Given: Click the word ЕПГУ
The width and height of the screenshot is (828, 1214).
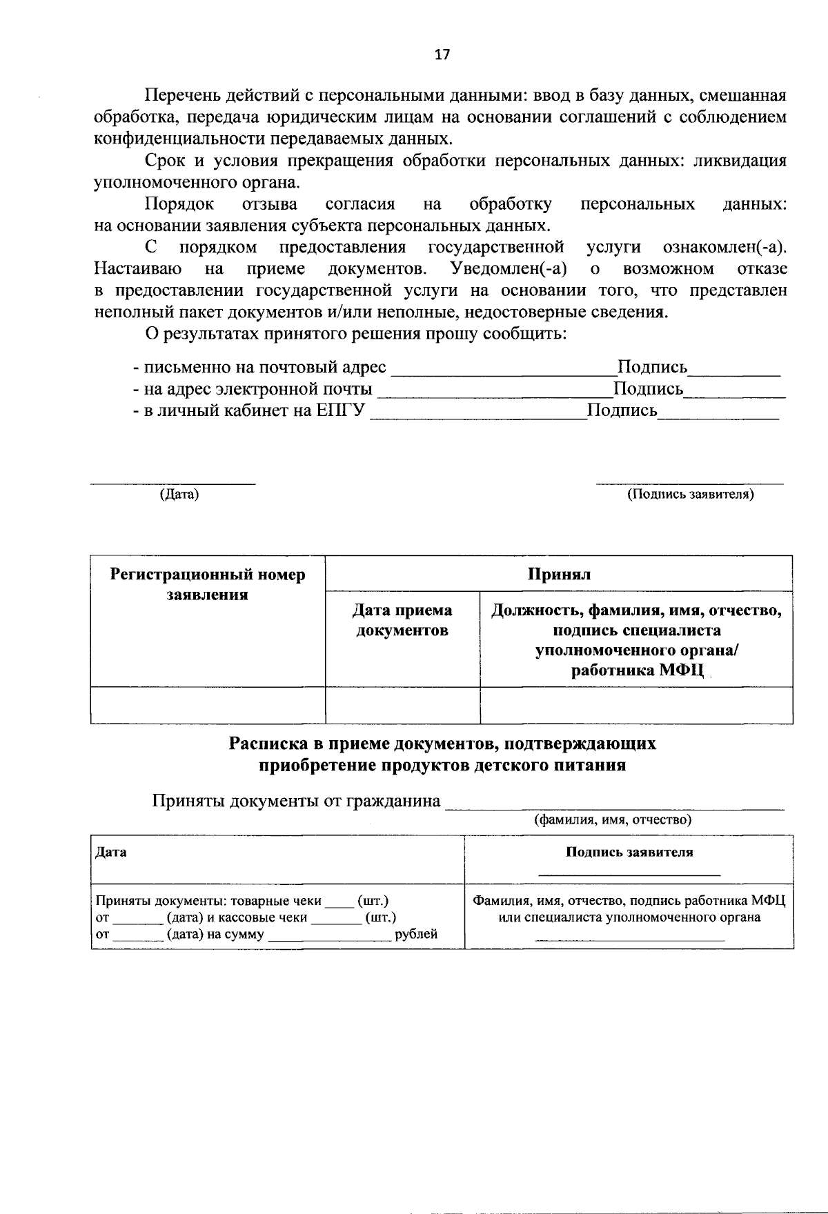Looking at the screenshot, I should point(340,411).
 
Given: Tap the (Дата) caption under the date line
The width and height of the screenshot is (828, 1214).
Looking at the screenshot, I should point(179,495).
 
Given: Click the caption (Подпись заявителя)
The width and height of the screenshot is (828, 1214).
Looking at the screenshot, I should point(690,495).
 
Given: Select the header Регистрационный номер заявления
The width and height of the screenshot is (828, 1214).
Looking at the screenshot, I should point(208,584).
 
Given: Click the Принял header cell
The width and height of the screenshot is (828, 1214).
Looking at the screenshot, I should point(559,574).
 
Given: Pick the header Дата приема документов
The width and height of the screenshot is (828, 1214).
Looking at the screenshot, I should point(402,620).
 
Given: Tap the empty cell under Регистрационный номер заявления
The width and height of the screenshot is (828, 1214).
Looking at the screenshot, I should point(208,705).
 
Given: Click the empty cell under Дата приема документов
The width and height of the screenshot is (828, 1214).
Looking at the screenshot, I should point(402,705).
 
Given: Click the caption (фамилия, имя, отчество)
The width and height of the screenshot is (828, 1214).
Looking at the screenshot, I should point(613,819).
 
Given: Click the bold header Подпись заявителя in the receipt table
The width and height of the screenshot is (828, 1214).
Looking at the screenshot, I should point(629,852).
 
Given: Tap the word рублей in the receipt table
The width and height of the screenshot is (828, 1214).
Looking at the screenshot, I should point(416,935).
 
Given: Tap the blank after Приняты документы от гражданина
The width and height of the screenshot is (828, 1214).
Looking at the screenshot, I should point(614,804).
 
